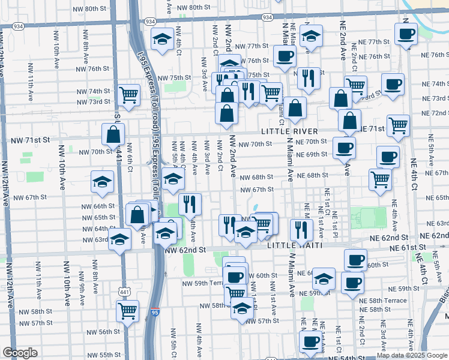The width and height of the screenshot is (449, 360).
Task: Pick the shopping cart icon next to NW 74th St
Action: pos(129,94)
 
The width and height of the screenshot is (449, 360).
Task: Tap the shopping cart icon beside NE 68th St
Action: pos(380,179)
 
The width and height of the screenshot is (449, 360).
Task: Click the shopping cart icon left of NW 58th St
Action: pos(128,310)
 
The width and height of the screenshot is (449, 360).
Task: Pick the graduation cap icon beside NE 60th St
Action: pos(324,278)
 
